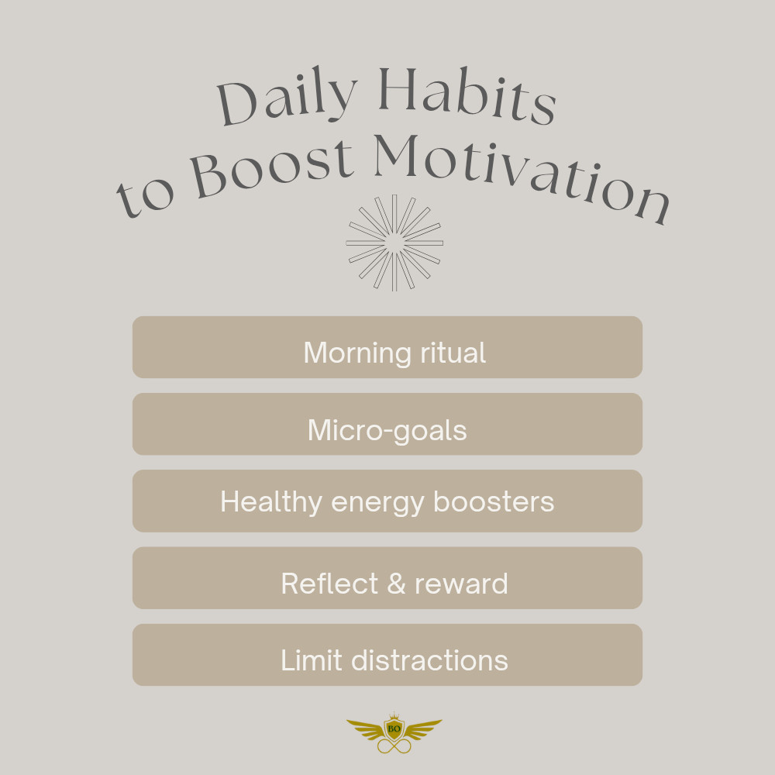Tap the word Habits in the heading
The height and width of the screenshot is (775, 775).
coord(467,95)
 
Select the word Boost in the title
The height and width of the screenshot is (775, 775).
coord(272,167)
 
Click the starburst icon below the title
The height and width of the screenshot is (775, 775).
coord(394,243)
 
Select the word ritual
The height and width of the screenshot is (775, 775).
coord(453,353)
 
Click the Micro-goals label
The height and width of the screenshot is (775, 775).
coord(387,430)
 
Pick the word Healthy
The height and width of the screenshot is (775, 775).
coord(271,503)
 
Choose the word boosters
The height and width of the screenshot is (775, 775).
coord(494,501)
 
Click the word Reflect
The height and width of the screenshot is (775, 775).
coord(329,584)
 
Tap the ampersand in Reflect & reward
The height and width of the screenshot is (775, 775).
coord(396,584)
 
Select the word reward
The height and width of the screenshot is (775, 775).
coord(461,584)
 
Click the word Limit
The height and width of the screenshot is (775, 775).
coord(312,660)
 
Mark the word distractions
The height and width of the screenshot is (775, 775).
coord(429,660)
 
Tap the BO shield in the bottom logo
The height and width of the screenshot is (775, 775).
coord(394,729)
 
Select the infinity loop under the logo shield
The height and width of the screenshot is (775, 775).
coord(394,746)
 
